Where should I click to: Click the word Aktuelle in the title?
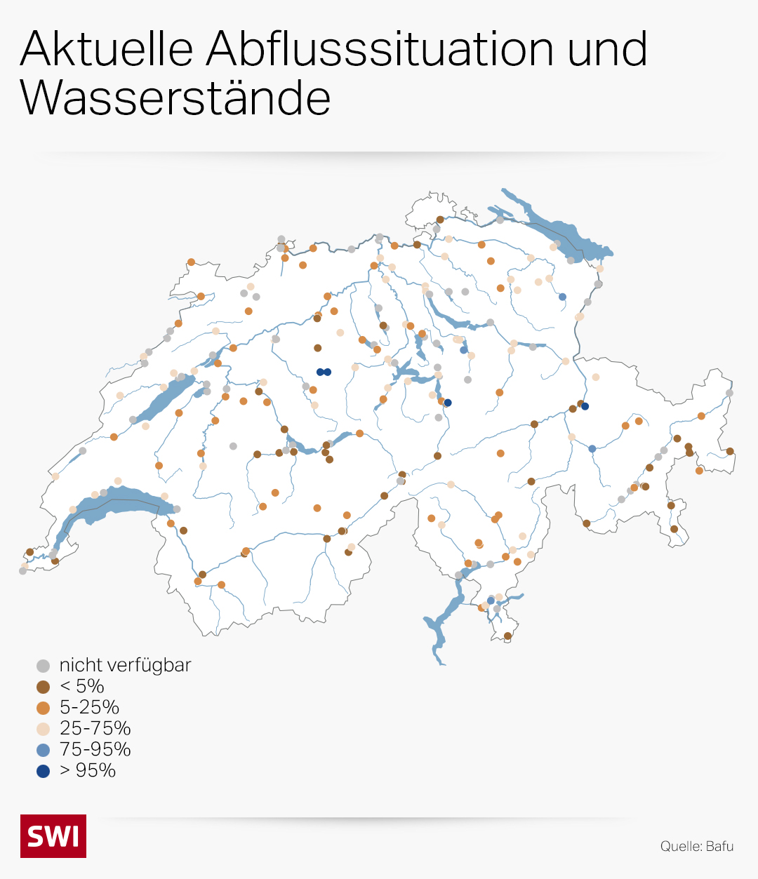point(107,49)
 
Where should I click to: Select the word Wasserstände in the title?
point(175,98)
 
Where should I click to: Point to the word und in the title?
point(608,49)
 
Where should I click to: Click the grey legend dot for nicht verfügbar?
point(44,666)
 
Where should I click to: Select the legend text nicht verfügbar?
point(125,665)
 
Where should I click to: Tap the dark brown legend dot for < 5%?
point(44,687)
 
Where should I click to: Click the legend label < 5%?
point(81,686)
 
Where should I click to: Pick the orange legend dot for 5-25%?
point(44,708)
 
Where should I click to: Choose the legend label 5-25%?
point(89,707)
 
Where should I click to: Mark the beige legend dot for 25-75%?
point(44,729)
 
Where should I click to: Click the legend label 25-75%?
point(95,728)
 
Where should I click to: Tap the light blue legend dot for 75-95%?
point(44,750)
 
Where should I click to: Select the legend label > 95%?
point(88,770)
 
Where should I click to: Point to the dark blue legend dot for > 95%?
point(44,771)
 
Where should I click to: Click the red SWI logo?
point(53,836)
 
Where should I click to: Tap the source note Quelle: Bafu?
point(696,846)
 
